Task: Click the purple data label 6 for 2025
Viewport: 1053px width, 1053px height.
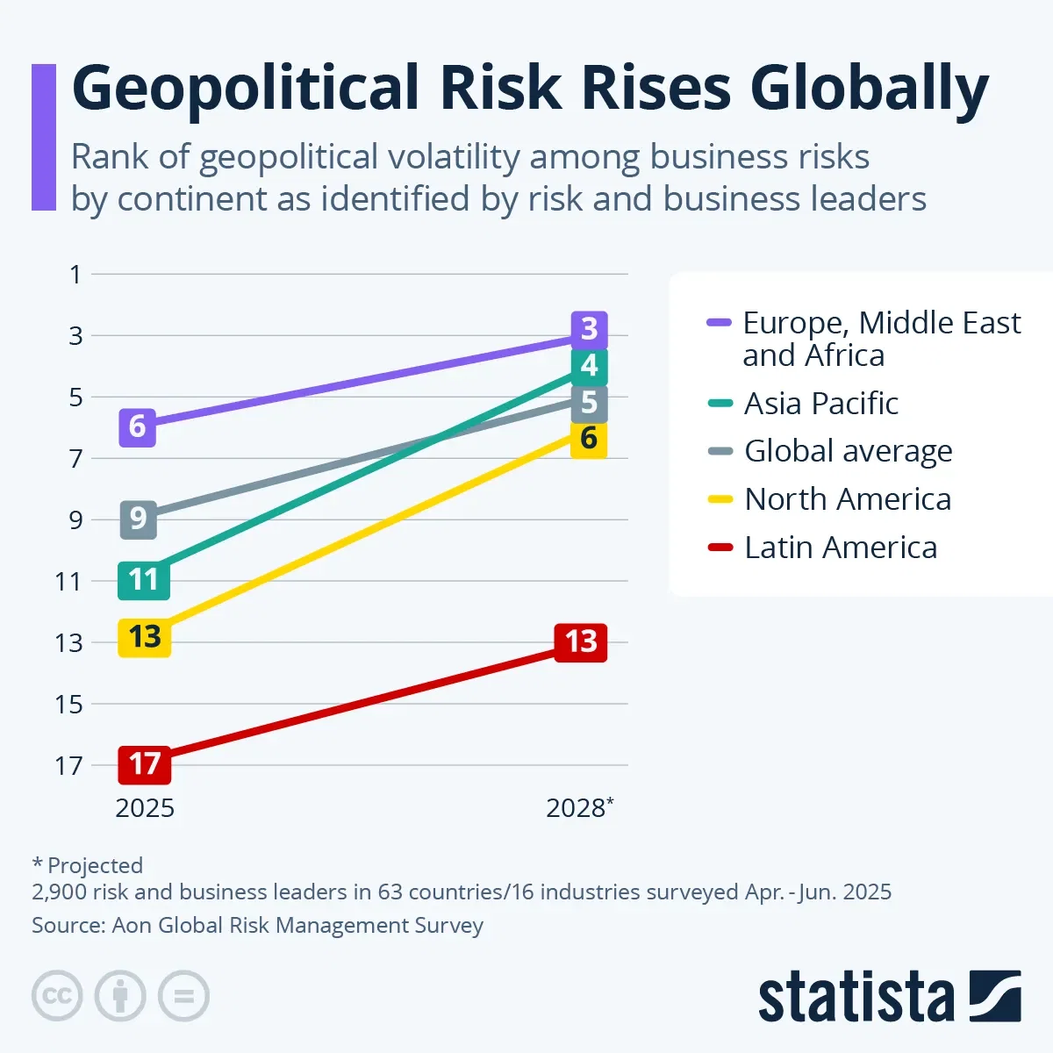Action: pos(137,427)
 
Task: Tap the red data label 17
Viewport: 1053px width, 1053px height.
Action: pos(145,764)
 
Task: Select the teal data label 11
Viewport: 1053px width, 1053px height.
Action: pos(143,580)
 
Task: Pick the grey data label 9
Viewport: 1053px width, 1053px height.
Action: pos(138,519)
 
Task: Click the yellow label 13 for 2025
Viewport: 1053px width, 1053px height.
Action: pos(145,637)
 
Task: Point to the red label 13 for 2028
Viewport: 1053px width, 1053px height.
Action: pos(581,642)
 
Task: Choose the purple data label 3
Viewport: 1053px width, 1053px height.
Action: pos(589,329)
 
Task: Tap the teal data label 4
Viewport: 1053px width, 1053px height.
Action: pos(589,366)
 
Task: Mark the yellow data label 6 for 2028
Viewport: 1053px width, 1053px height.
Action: pos(589,439)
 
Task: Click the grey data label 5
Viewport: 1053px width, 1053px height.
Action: pos(589,403)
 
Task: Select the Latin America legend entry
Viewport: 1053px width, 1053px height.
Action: pos(840,548)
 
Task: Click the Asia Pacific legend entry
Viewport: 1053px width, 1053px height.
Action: pos(820,404)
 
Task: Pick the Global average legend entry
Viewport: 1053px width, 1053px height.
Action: pos(848,451)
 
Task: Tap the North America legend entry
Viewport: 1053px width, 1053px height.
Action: pos(847,499)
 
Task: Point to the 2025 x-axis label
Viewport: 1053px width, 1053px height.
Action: pos(145,808)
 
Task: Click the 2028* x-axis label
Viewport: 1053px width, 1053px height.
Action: pos(579,808)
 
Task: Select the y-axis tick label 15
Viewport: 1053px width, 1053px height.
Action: pos(68,705)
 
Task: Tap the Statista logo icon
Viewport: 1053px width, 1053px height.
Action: pos(995,997)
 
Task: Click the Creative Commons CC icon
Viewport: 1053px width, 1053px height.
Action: pos(57,997)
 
